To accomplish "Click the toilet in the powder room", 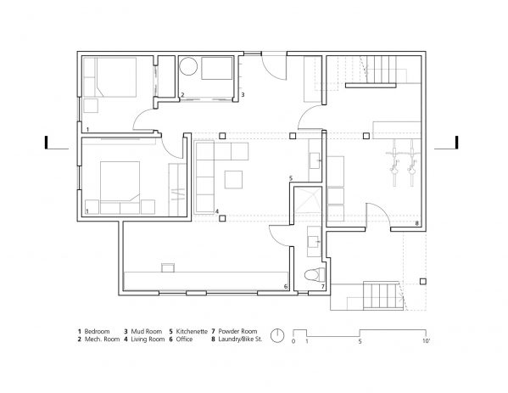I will (315, 274).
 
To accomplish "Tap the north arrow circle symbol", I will (276, 333).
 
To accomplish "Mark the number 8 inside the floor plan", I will (416, 223).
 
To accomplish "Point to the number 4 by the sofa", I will (216, 211).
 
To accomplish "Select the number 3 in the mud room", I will (243, 95).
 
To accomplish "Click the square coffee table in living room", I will (233, 178).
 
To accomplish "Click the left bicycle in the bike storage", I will (394, 163).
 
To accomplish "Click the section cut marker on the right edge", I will (455, 143).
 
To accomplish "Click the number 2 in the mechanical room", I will (182, 95).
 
